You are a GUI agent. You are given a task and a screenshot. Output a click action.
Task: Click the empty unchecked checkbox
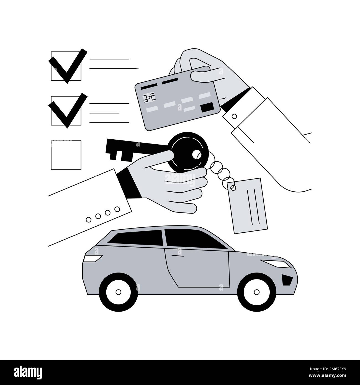tap(66, 155)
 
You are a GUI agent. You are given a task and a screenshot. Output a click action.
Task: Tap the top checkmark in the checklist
tap(66, 62)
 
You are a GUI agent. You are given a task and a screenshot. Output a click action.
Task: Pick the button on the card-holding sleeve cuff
tap(234, 116)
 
